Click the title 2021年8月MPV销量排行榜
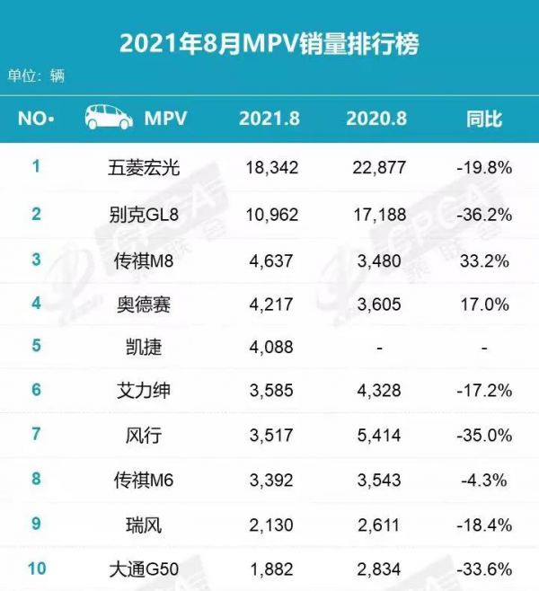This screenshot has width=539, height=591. [x=269, y=42]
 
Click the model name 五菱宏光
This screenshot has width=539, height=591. [x=144, y=168]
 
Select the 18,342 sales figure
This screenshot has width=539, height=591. [x=271, y=168]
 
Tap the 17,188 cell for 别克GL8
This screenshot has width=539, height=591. [x=377, y=216]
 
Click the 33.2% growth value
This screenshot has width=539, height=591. [x=483, y=262]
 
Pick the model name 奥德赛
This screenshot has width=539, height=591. [x=144, y=304]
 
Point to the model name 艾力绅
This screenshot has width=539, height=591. [x=144, y=391]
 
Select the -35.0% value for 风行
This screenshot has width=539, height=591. [x=483, y=436]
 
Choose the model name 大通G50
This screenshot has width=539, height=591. [x=144, y=569]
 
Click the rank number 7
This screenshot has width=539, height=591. [x=37, y=435]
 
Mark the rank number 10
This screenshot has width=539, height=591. [x=37, y=568]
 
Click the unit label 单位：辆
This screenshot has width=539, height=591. [x=37, y=76]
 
